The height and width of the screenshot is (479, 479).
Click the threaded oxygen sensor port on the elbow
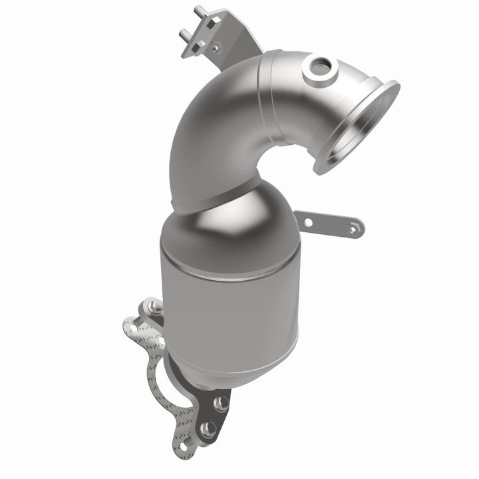pos(319,67)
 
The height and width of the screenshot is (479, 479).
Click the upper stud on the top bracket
pos(198,11)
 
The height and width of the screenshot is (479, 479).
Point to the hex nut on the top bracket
pos(214,47)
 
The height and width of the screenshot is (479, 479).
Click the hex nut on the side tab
pos(354,228)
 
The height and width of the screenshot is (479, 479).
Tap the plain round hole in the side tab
pos(307,222)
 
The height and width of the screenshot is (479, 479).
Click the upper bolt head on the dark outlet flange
pos(222,403)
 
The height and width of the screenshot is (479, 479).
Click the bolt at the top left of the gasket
pos(154,307)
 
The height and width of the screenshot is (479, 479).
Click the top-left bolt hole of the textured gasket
pos(133,327)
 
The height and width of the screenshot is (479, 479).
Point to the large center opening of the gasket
pos(160,373)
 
